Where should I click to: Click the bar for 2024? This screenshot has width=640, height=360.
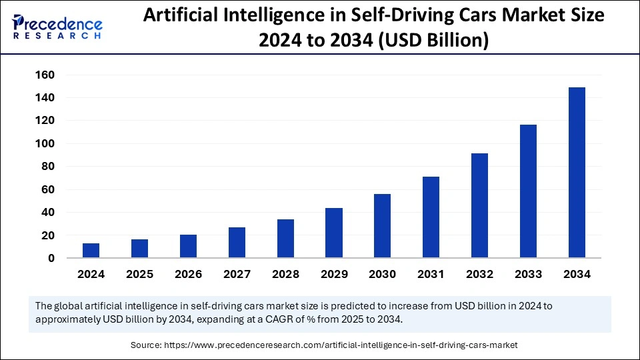91,251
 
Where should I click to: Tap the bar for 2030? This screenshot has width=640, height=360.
383,226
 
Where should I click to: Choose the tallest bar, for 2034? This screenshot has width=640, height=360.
577,173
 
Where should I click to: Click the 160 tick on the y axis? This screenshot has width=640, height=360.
45,75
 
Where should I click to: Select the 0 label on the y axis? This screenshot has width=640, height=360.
51,258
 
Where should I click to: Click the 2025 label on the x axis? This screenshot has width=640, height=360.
139,274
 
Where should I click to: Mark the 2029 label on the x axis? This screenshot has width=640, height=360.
334,274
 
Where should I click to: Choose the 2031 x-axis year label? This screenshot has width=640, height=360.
431,274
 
